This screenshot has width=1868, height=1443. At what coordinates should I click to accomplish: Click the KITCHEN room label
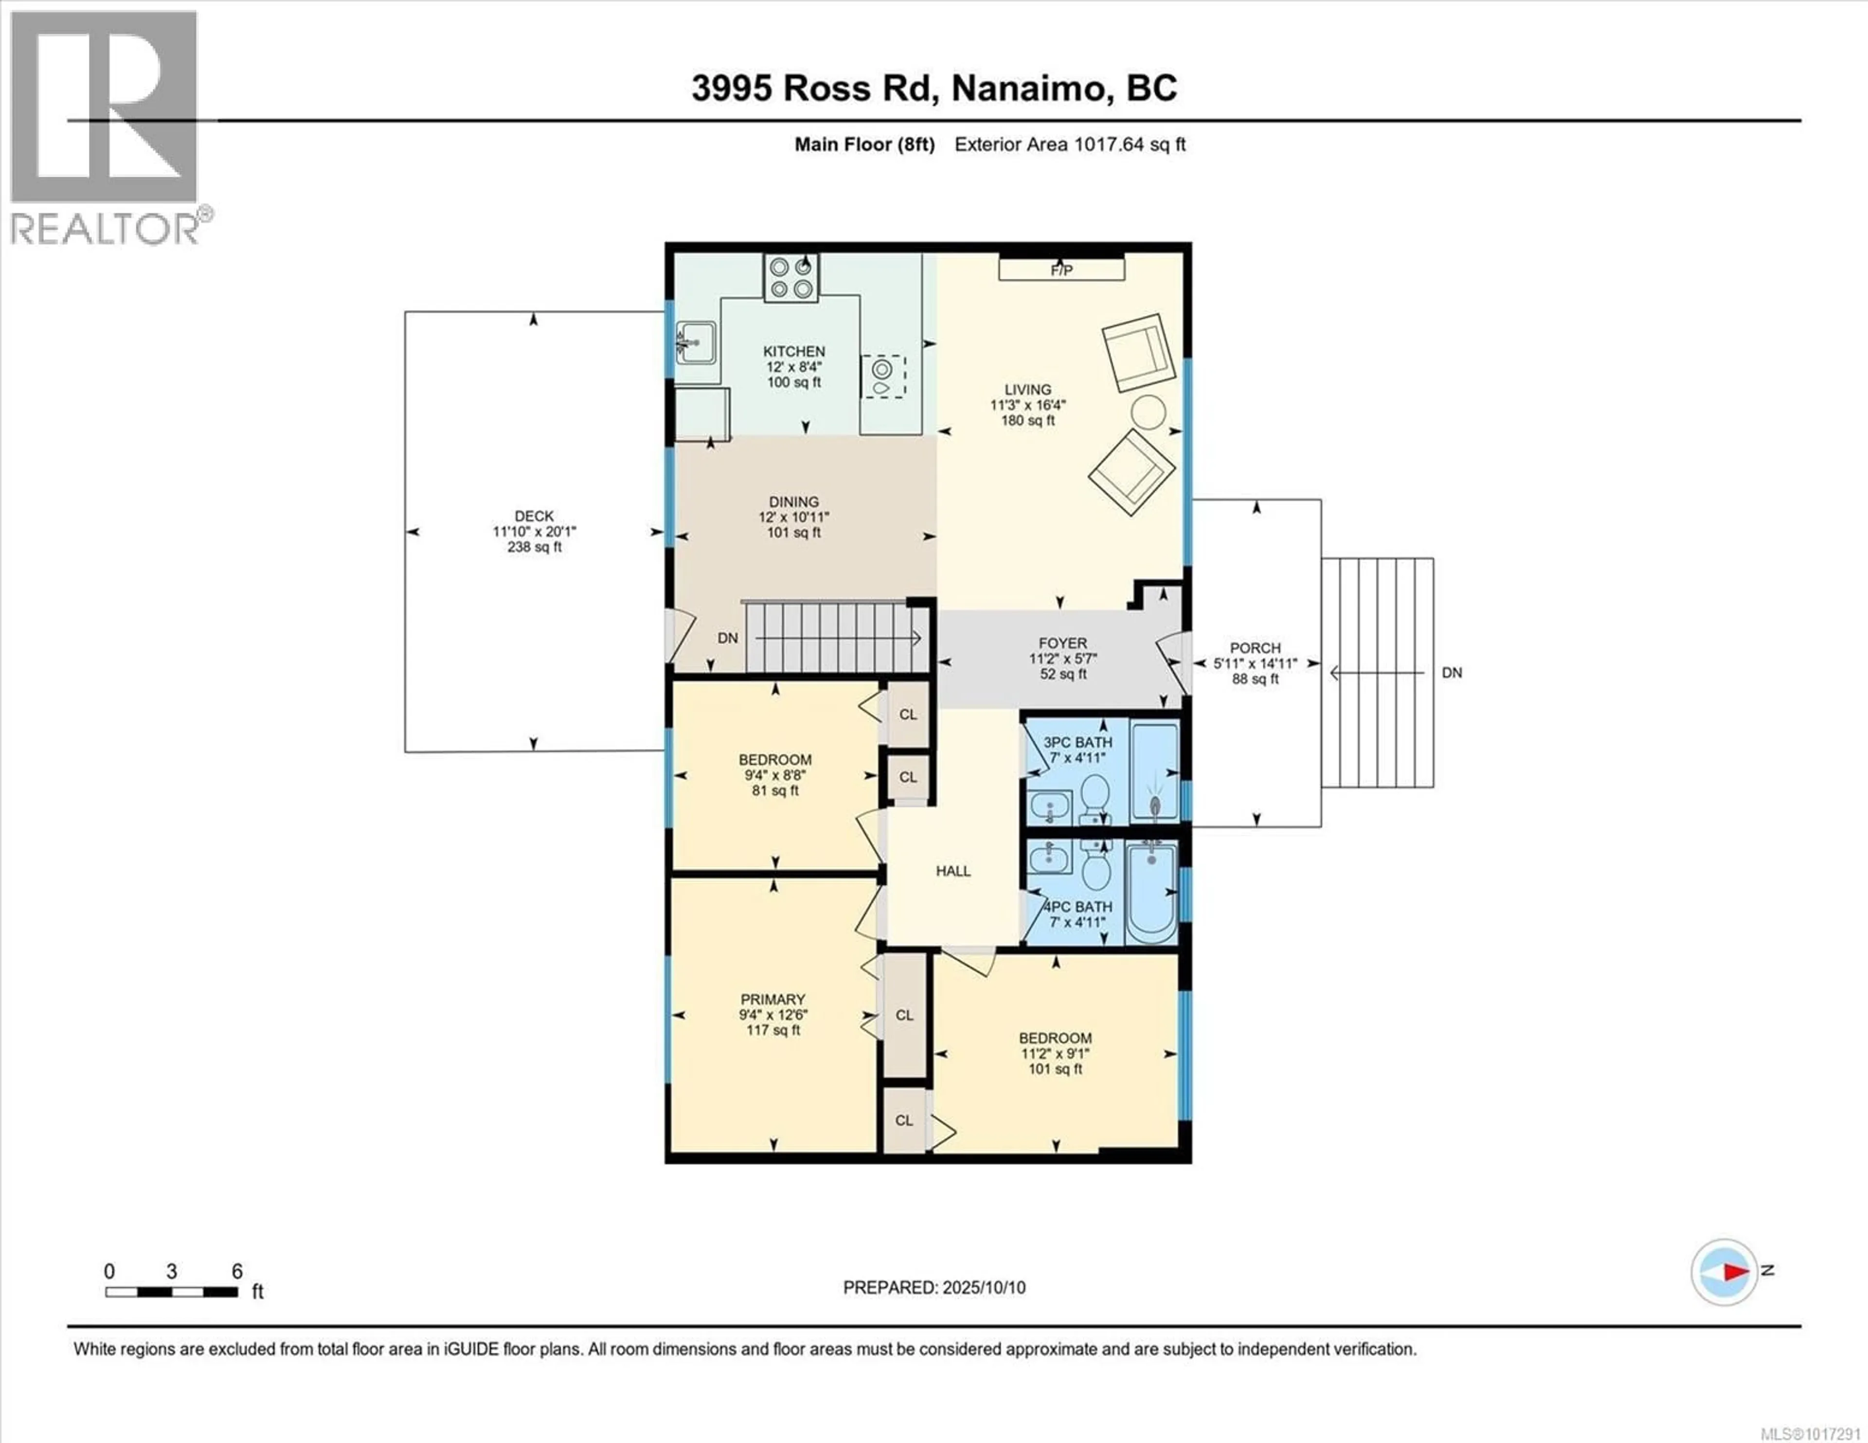pyautogui.click(x=794, y=352)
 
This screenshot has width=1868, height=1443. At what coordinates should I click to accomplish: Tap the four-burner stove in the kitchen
pyautogui.click(x=791, y=278)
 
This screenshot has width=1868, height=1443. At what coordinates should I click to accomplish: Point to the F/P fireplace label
pyautogui.click(x=1061, y=270)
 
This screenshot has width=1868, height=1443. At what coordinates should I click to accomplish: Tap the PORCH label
pyautogui.click(x=1256, y=648)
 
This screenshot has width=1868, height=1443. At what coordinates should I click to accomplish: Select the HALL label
pyautogui.click(x=953, y=871)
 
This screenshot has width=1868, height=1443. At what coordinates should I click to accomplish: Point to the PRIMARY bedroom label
pyautogui.click(x=773, y=999)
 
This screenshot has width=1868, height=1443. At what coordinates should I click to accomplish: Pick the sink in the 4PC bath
pyautogui.click(x=1049, y=857)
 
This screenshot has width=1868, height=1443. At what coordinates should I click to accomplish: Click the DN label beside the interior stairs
pyautogui.click(x=728, y=638)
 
